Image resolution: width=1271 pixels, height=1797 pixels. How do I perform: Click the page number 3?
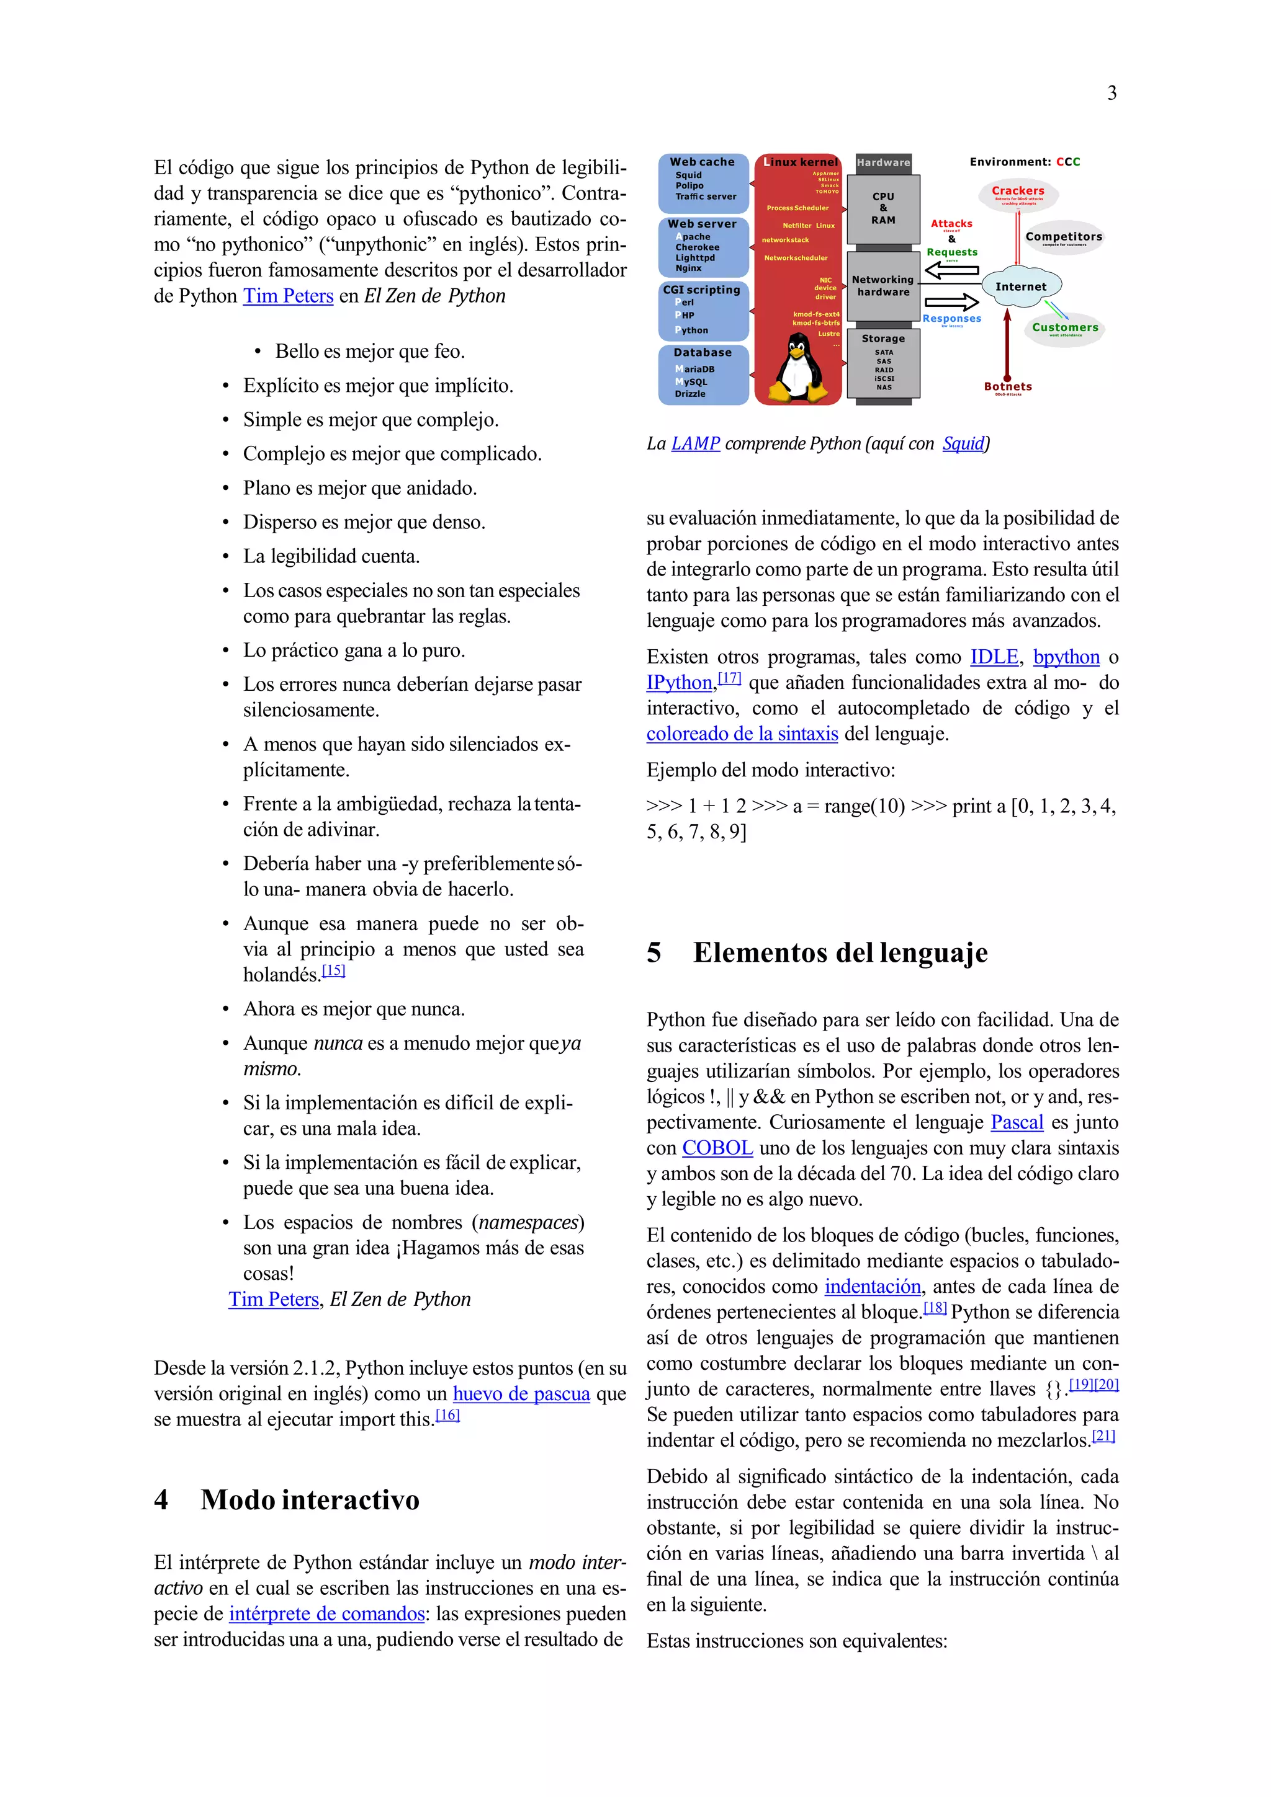pyautogui.click(x=1112, y=93)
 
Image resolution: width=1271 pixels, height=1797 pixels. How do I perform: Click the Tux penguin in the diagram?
pyautogui.click(x=798, y=368)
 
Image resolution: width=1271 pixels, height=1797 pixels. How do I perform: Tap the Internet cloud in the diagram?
pyautogui.click(x=1020, y=287)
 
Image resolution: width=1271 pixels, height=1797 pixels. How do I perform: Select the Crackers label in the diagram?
pyautogui.click(x=1017, y=191)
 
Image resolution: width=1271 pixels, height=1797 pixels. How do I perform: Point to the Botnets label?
pyautogui.click(x=1007, y=387)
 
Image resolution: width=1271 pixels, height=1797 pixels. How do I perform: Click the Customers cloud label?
pyautogui.click(x=1064, y=328)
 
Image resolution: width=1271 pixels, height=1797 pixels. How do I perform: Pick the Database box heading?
pyautogui.click(x=703, y=353)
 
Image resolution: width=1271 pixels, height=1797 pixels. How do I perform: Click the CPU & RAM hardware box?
pyautogui.click(x=883, y=208)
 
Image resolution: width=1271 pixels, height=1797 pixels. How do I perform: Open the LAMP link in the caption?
pyautogui.click(x=696, y=444)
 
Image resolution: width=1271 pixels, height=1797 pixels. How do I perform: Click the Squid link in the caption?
pyautogui.click(x=963, y=444)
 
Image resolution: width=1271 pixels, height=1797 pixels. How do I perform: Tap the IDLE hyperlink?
pyautogui.click(x=994, y=657)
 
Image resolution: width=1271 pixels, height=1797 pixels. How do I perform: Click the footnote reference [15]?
pyautogui.click(x=334, y=970)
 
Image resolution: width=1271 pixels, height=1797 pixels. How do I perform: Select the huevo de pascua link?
pyautogui.click(x=521, y=1394)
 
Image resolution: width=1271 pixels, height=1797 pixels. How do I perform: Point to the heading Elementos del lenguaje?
pyautogui.click(x=840, y=952)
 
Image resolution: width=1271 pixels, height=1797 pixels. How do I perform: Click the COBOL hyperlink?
pyautogui.click(x=717, y=1148)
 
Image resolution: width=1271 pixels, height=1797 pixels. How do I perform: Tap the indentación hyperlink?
pyautogui.click(x=873, y=1287)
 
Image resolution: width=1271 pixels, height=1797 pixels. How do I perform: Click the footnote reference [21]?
pyautogui.click(x=1103, y=1436)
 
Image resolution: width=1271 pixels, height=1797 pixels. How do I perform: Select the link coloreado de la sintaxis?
pyautogui.click(x=742, y=734)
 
